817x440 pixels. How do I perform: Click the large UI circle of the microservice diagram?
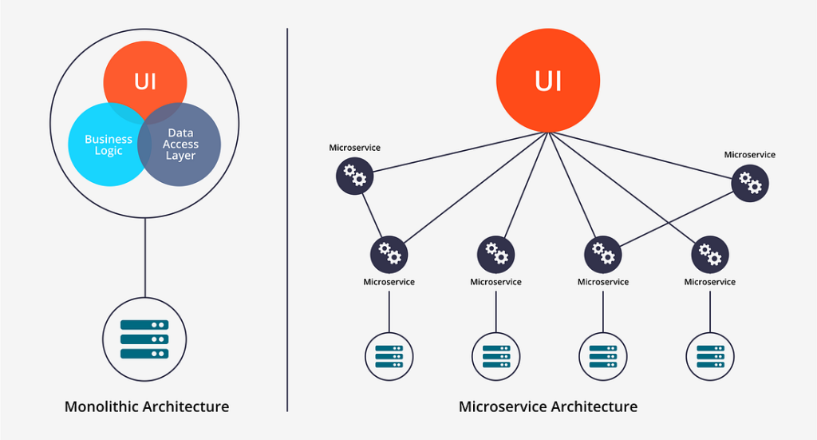pyautogui.click(x=548, y=81)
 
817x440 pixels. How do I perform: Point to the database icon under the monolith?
pyautogui.click(x=144, y=339)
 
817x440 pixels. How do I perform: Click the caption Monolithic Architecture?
pyautogui.click(x=147, y=406)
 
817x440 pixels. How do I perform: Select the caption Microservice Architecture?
pyautogui.click(x=548, y=406)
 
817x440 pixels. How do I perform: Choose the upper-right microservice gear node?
pyautogui.click(x=750, y=182)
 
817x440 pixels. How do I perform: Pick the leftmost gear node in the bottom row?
pyautogui.click(x=389, y=254)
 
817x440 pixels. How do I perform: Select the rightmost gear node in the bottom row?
pyautogui.click(x=710, y=254)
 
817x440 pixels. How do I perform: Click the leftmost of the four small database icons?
pyautogui.click(x=389, y=356)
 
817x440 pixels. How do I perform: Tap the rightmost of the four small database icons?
pyautogui.click(x=710, y=356)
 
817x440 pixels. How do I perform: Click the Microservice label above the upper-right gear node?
pyautogui.click(x=750, y=154)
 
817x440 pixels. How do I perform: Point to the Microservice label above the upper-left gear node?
pyautogui.click(x=355, y=148)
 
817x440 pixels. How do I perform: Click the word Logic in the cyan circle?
pyautogui.click(x=109, y=151)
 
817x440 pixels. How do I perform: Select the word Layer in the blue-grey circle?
pyautogui.click(x=180, y=156)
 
